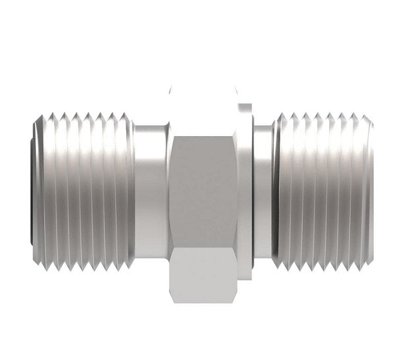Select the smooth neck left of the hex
pos(151,191)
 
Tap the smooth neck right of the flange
pos(263,191)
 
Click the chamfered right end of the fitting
pos(370,191)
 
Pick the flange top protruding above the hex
pos(244,105)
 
